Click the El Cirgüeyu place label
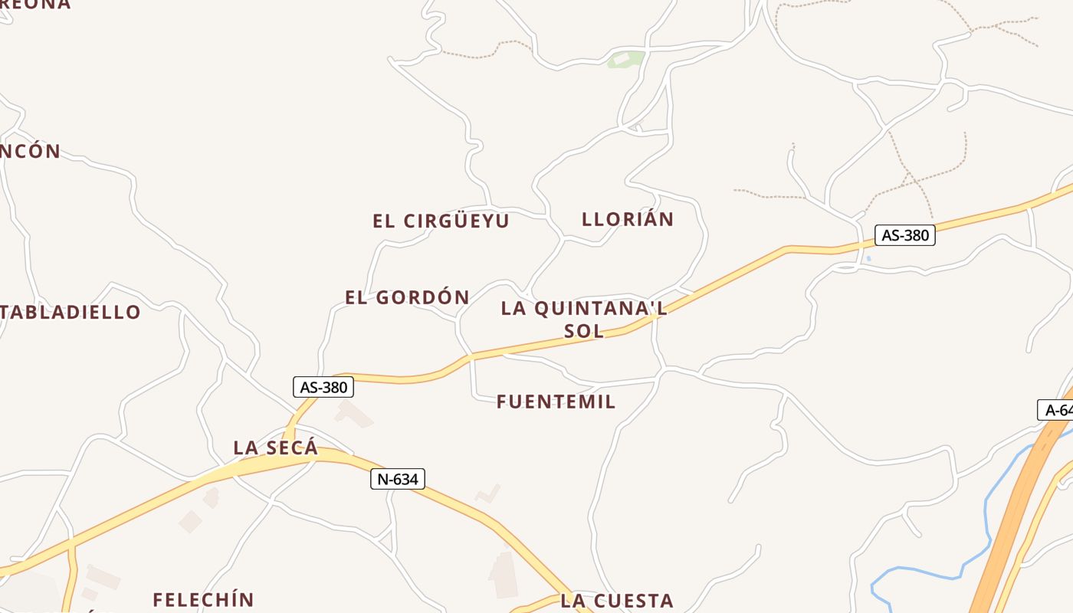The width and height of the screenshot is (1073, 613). pyautogui.click(x=441, y=221)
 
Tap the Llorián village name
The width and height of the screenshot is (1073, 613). pyautogui.click(x=628, y=219)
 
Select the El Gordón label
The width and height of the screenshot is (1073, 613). pyautogui.click(x=407, y=297)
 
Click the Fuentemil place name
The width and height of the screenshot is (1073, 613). pyautogui.click(x=556, y=402)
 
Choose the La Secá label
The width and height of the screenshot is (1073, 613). pyautogui.click(x=275, y=447)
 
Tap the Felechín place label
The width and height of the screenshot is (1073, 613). pyautogui.click(x=203, y=599)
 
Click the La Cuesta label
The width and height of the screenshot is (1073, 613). pyautogui.click(x=617, y=601)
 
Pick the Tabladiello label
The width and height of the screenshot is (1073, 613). pyautogui.click(x=71, y=312)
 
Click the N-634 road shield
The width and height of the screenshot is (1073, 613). pyautogui.click(x=398, y=480)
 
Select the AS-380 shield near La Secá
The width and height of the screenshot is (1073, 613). pyautogui.click(x=323, y=387)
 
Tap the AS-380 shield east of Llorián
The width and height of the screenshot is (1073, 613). pyautogui.click(x=905, y=235)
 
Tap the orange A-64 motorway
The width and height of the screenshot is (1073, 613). pyautogui.click(x=1012, y=521)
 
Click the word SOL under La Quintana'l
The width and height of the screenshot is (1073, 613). pyautogui.click(x=584, y=331)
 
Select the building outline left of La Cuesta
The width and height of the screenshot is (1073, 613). pyautogui.click(x=504, y=574)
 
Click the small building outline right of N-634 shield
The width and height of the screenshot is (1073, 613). pyautogui.click(x=488, y=493)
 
